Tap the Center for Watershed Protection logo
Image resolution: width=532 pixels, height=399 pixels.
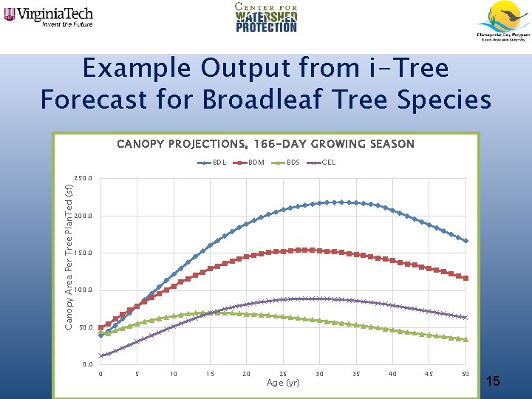click(266, 18)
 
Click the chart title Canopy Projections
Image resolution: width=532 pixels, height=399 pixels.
click(265, 144)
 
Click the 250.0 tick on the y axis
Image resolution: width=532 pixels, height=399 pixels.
click(83, 179)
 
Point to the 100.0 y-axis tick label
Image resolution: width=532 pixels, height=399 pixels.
click(83, 290)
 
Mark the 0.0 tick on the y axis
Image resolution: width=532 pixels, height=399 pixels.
click(87, 364)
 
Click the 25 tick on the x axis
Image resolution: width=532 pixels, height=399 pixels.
click(283, 374)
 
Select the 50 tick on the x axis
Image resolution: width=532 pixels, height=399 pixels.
click(465, 374)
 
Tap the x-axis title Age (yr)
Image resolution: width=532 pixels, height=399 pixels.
click(283, 383)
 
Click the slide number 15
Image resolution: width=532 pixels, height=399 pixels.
click(494, 381)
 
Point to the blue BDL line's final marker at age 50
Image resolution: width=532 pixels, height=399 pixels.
click(465, 241)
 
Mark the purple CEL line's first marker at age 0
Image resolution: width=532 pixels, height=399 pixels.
click(101, 355)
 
